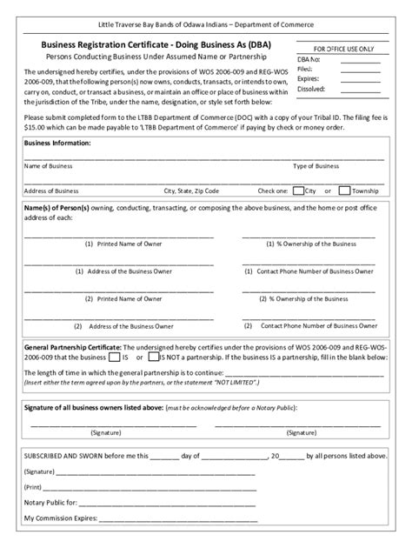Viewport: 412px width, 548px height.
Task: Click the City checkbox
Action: coord(298,190)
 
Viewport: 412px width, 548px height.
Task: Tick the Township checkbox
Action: coord(345,190)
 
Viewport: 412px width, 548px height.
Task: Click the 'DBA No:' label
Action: coord(310,59)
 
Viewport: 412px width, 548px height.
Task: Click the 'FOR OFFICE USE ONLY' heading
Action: coord(344,49)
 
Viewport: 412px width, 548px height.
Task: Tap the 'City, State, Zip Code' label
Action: coord(191,190)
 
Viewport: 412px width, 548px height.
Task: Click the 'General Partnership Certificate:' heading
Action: coord(71,345)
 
